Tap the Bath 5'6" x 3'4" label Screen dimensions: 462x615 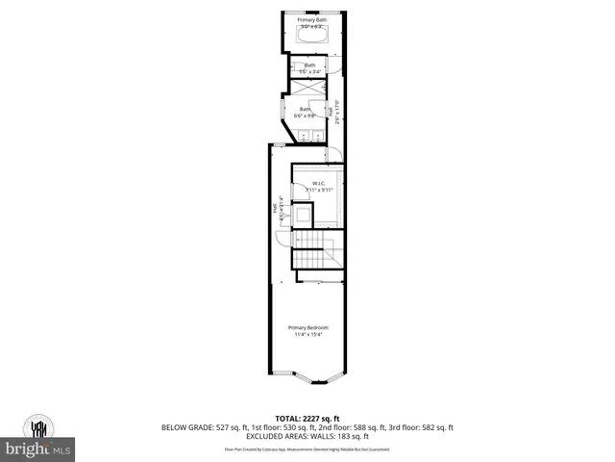pos(309,67)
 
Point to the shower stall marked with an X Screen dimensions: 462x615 pos(308,87)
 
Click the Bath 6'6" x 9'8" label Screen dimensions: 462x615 pos(306,112)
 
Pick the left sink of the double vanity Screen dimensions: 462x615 pos(295,137)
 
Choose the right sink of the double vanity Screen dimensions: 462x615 pos(315,137)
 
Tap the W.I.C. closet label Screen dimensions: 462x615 pos(319,183)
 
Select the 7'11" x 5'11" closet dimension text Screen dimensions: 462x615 pos(318,191)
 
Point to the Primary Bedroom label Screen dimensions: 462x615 pos(308,328)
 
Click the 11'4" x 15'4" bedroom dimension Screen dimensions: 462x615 pos(308,335)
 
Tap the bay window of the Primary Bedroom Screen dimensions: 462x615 pos(307,377)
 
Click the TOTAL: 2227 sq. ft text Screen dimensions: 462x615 pos(308,418)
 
